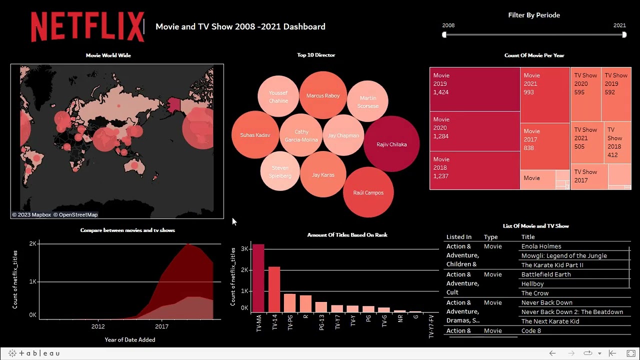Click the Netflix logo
click(87, 27)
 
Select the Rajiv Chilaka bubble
click(391, 144)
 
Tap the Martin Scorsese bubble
click(368, 101)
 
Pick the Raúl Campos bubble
click(368, 192)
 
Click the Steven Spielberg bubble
click(280, 171)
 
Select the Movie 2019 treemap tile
click(474, 89)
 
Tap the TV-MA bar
click(258, 278)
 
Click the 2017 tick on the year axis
click(161, 326)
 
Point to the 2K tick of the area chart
click(32, 243)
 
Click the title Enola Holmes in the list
click(541, 246)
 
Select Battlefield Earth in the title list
click(545, 274)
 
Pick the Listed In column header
click(458, 237)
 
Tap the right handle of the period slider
click(624, 34)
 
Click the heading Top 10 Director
click(316, 55)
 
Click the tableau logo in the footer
click(34, 353)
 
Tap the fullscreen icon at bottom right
click(631, 353)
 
